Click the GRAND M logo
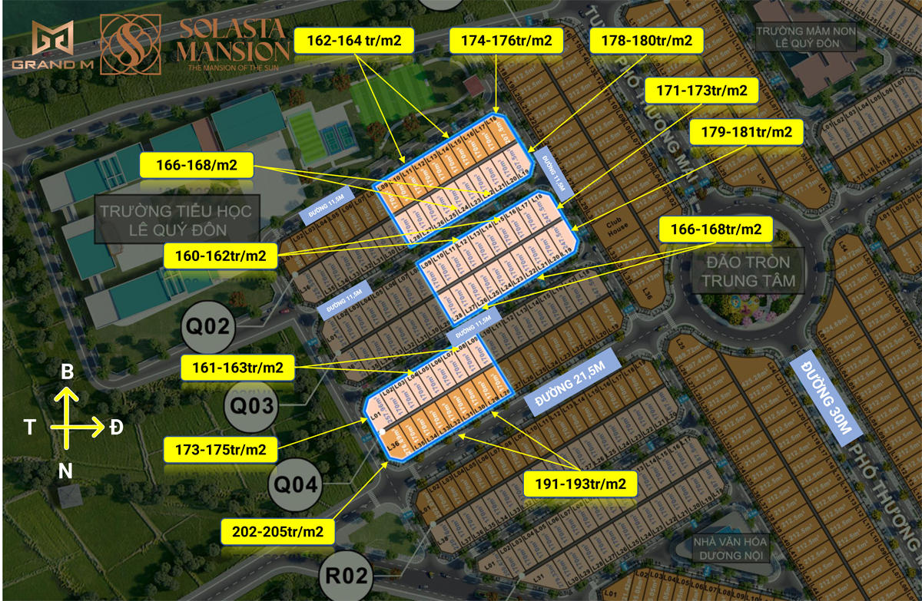(52, 45)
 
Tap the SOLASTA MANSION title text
(234, 45)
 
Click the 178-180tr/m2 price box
(645, 41)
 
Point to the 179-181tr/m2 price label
(746, 133)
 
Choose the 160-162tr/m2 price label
(220, 256)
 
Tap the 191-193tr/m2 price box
(579, 484)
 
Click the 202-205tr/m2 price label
(277, 530)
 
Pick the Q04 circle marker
(295, 484)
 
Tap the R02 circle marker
(345, 575)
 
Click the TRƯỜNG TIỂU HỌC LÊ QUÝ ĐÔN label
(177, 219)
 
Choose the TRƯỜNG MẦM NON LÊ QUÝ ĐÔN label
(804, 37)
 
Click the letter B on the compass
(68, 372)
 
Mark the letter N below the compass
(67, 472)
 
